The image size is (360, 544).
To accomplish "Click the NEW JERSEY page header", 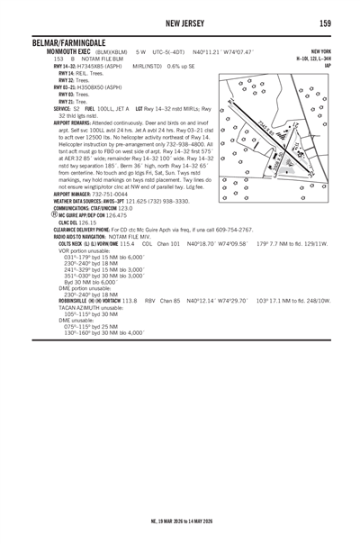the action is pos(180,23).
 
